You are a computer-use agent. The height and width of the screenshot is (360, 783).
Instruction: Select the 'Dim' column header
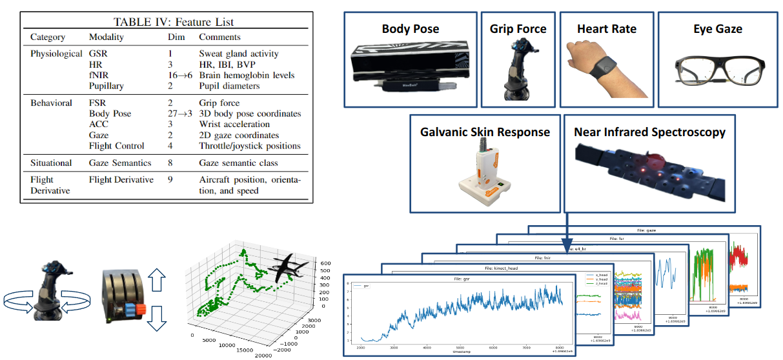[x=176, y=37]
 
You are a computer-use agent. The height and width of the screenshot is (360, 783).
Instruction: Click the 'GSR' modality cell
[x=99, y=54]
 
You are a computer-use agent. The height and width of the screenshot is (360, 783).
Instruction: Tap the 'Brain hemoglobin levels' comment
[x=247, y=75]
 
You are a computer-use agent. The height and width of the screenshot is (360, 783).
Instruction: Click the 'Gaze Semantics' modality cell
[x=120, y=163]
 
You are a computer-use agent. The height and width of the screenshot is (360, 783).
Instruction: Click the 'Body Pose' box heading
[x=410, y=29]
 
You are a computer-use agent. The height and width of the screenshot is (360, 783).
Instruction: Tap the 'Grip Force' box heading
[x=518, y=29]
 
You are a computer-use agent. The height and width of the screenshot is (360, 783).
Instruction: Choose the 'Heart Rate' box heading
[x=606, y=29]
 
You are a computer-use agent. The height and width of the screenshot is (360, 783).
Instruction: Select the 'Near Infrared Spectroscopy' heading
[x=649, y=132]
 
